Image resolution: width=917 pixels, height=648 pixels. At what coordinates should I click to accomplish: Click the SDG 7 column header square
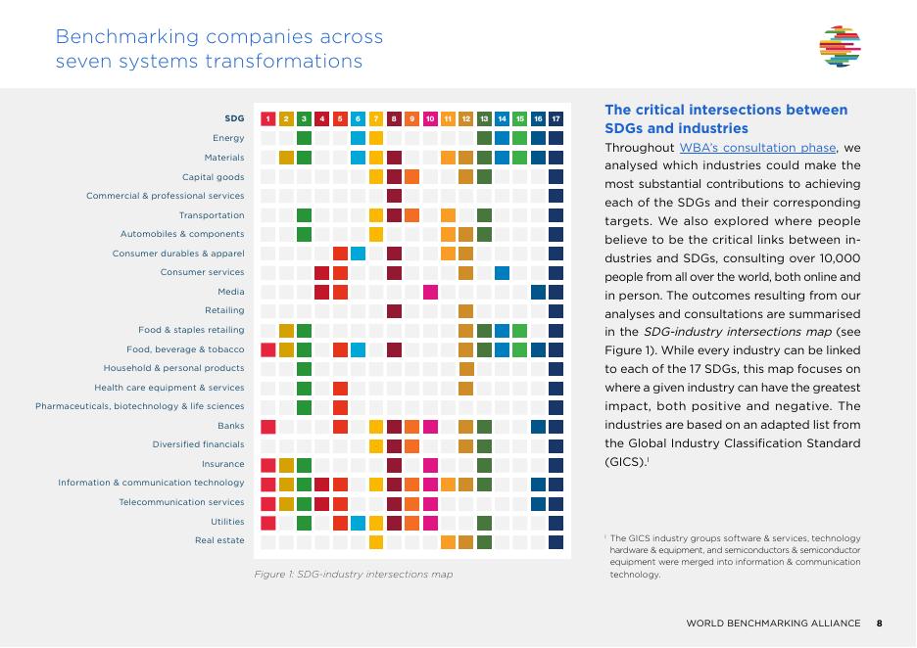376,118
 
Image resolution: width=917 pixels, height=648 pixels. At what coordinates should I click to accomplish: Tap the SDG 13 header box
484,118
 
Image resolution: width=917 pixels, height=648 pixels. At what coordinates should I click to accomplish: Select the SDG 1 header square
267,118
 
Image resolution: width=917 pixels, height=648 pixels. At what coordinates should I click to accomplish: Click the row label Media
231,292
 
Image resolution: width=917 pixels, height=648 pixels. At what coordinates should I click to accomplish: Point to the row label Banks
231,426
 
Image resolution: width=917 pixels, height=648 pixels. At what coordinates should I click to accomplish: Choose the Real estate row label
219,540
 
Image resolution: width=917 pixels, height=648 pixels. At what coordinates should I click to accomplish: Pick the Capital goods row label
214,177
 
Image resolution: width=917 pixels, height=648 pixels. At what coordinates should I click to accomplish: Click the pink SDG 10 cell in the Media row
430,292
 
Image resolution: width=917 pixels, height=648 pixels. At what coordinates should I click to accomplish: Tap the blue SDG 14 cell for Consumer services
503,273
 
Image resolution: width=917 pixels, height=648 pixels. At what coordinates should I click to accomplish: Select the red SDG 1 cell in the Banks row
267,427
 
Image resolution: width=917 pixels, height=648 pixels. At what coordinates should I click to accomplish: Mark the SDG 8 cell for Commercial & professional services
394,196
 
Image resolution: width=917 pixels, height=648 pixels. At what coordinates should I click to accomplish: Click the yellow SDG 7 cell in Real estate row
376,542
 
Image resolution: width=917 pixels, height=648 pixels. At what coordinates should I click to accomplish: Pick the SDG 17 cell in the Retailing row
556,311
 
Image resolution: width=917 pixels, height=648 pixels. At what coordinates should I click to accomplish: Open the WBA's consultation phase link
758,148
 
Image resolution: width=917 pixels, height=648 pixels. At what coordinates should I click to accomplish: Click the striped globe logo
840,46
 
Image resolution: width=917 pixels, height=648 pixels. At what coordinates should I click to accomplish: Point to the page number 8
880,624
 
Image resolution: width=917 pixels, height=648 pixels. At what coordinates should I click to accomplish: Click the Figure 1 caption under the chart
354,575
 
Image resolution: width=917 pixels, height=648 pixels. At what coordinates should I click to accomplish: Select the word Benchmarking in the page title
127,37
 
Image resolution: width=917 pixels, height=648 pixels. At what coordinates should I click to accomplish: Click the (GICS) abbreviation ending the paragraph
626,462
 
